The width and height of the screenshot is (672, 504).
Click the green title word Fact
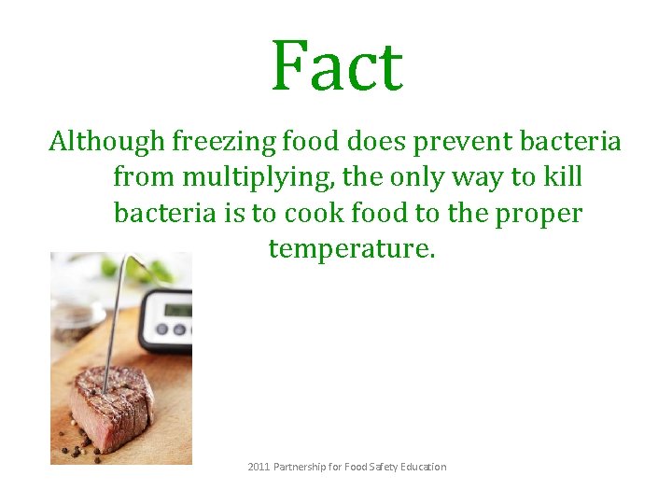tap(337, 66)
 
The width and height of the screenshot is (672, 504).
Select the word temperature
tap(351, 249)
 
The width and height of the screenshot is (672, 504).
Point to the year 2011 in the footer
tap(259, 466)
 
